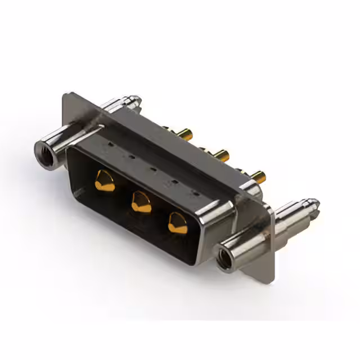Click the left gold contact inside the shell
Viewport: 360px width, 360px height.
coord(105,181)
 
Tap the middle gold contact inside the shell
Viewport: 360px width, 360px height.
coord(141,201)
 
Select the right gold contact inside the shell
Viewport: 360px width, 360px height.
coord(178,223)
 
